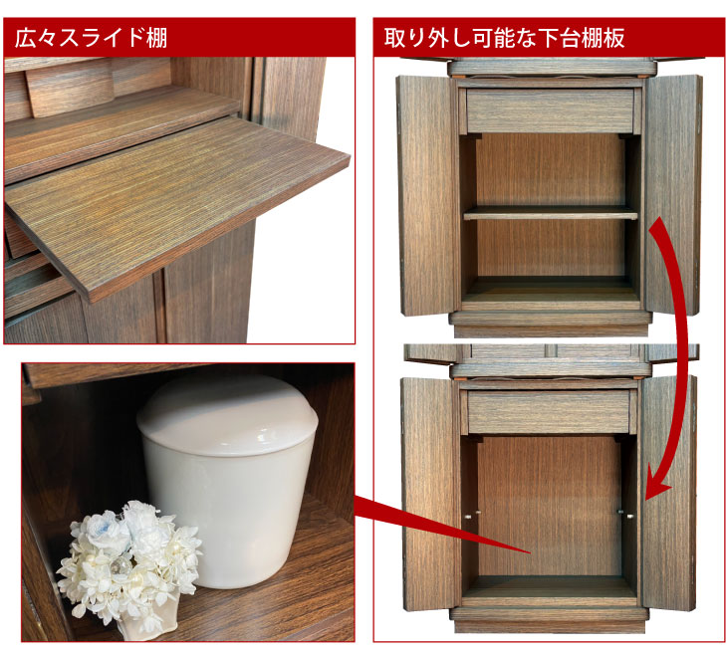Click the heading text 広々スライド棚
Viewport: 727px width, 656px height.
91,38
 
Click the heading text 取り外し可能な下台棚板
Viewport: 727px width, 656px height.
505,38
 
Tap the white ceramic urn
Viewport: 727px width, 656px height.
228,481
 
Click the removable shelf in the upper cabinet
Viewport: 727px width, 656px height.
551,213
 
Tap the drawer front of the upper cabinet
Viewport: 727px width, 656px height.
551,110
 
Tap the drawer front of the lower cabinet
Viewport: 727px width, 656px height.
549,412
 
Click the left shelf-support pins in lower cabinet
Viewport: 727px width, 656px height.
472,514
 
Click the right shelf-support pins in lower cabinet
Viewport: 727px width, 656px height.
626,514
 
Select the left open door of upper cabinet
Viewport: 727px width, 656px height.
426,196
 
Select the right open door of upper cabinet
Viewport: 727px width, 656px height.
673,195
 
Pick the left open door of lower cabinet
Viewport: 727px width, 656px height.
430,494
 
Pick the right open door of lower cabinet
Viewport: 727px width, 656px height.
668,493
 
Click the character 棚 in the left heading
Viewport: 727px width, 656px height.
156,38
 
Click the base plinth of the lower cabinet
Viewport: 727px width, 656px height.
549,621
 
